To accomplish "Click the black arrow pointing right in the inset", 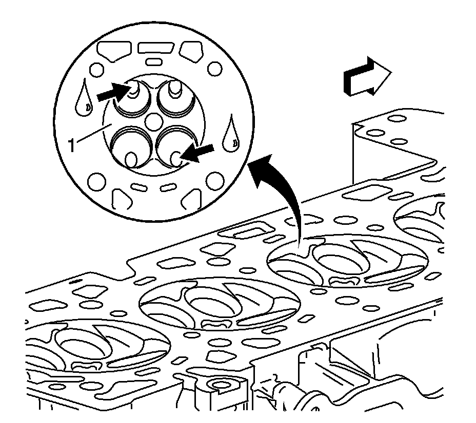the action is (x=111, y=92).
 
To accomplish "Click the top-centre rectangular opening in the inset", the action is (x=154, y=49).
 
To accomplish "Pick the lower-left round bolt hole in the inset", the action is (x=95, y=180).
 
